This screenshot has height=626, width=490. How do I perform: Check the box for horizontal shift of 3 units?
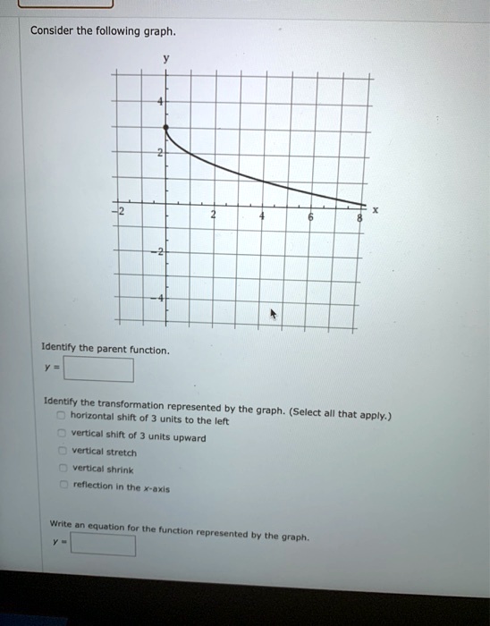point(60,419)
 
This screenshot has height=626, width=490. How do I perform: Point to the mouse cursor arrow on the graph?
point(275,315)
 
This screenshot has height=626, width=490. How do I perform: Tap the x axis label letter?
point(376,211)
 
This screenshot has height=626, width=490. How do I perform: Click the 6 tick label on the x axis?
point(309,217)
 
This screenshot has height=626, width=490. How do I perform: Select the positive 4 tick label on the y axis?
point(159,104)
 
